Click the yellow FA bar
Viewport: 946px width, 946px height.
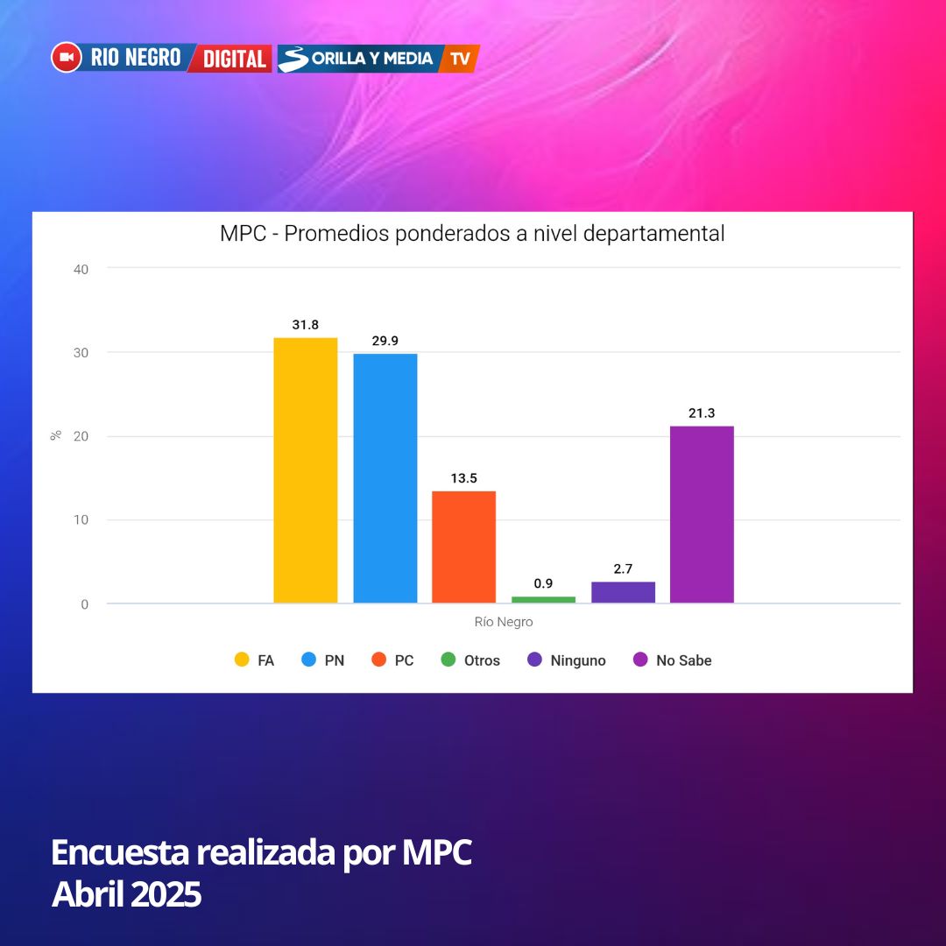point(305,470)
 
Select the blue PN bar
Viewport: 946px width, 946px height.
point(385,478)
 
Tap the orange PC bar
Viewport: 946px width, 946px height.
point(463,547)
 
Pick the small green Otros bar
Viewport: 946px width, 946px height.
point(543,600)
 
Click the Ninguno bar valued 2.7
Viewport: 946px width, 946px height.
point(623,592)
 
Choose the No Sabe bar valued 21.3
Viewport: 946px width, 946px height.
point(702,514)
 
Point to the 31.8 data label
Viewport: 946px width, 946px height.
point(305,325)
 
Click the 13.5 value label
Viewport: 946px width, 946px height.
point(463,478)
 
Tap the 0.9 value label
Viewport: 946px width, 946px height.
point(543,583)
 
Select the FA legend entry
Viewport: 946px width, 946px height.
point(255,660)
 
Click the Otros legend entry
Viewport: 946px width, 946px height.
point(471,660)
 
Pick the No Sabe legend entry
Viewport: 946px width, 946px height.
point(673,660)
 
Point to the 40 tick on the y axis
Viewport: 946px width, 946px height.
point(81,269)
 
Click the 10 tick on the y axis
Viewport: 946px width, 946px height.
point(81,520)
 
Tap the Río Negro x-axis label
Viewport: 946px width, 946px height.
point(504,623)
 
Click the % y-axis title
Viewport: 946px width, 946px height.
point(56,435)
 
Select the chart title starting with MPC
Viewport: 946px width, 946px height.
point(472,234)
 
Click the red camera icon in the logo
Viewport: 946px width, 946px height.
point(67,58)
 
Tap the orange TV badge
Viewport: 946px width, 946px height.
point(461,59)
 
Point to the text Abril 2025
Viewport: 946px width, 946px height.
point(127,894)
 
